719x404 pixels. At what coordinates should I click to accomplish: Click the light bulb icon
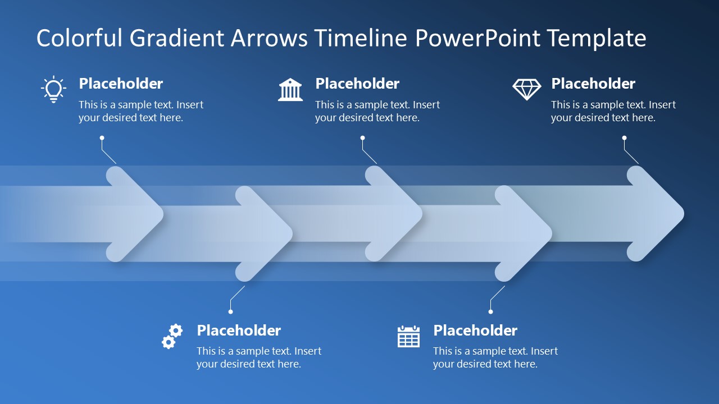(53, 89)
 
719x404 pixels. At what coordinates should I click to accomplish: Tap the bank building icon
(290, 90)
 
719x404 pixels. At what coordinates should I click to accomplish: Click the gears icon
(172, 336)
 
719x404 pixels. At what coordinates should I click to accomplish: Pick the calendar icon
(408, 336)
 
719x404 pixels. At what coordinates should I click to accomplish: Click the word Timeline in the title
(360, 38)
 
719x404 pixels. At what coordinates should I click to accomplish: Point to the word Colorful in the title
(80, 38)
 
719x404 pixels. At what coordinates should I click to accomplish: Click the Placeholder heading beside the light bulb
(121, 84)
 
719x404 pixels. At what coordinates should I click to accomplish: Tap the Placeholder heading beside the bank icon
(357, 84)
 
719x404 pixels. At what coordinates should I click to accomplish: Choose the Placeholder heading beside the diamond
(593, 84)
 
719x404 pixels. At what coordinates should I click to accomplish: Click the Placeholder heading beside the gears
(239, 330)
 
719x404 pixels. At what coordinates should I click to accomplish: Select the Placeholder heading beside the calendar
(475, 330)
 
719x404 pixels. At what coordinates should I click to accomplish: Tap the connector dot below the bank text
(362, 137)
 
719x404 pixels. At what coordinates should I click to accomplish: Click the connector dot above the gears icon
(230, 311)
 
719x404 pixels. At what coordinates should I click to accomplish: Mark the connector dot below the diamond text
(624, 137)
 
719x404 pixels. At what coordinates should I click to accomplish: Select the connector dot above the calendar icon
(490, 311)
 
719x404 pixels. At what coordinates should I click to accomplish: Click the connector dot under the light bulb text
(102, 137)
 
